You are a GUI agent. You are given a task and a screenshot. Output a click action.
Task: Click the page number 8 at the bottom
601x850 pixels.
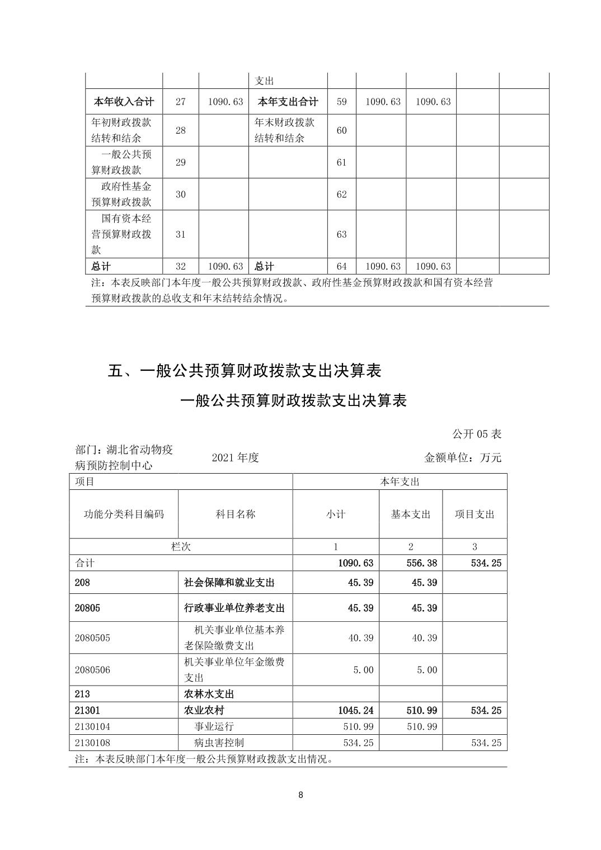pos(301,795)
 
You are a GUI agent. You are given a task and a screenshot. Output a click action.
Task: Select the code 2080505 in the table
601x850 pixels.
pos(92,638)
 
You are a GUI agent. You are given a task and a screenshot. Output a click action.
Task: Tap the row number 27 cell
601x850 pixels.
pos(180,102)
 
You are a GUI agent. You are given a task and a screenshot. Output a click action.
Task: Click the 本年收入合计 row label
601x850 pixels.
pos(123,102)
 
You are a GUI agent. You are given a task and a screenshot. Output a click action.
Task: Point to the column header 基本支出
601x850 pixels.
pos(411,514)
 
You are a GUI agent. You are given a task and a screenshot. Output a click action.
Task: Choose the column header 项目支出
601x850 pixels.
pos(475,514)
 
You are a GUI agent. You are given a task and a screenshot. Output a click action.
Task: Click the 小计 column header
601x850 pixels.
pos(336,514)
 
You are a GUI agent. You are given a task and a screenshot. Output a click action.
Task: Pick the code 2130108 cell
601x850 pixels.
pos(92,743)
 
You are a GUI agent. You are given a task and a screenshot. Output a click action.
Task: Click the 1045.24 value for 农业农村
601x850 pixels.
pos(355,711)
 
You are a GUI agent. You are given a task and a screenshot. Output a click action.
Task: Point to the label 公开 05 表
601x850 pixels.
pos(477,434)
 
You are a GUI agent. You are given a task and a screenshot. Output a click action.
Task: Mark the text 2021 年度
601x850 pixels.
pos(235,457)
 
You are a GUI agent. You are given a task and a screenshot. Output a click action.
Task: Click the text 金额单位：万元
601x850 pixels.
pos(463,457)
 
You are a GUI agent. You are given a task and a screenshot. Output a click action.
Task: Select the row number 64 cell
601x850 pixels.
pos(341,266)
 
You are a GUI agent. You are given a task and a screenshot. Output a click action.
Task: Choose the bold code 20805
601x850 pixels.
pos(87,608)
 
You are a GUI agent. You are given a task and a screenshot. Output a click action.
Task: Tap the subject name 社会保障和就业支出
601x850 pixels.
pos(229,583)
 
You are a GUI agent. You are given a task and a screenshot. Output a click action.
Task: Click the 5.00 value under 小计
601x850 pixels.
pos(363,670)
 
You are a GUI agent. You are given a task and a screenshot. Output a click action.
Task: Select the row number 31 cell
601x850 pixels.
pos(180,234)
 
